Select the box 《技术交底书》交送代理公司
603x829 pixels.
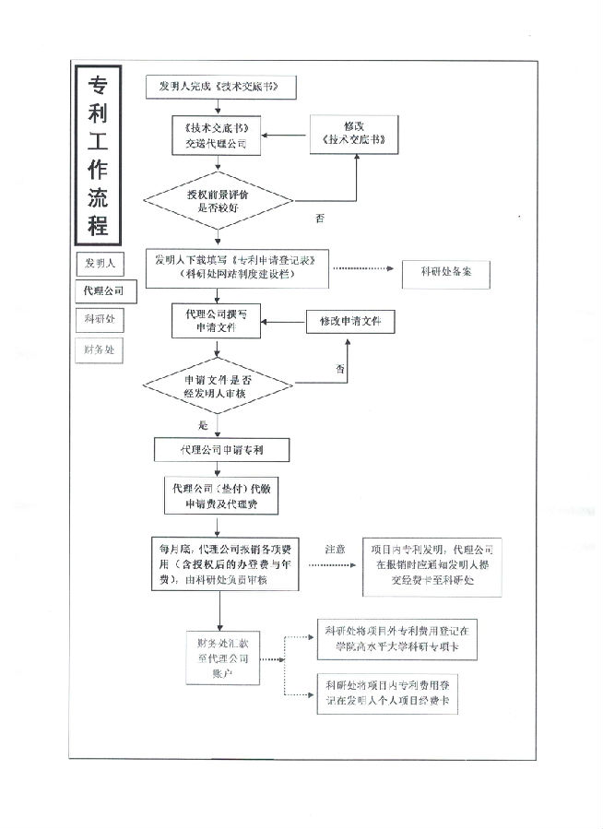point(217,136)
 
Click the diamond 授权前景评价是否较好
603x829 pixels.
point(218,201)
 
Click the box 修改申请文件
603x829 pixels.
point(349,321)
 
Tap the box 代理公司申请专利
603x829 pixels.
point(221,449)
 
